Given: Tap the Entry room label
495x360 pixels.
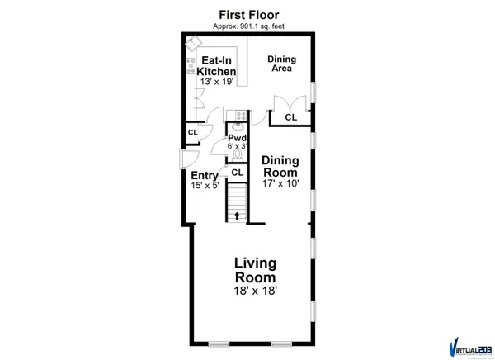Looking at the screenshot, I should tap(204, 176).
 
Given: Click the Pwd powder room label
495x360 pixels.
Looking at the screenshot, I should tap(238, 138).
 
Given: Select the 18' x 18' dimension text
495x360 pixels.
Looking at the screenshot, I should tap(254, 291).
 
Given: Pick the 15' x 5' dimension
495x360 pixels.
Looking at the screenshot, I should tap(204, 187).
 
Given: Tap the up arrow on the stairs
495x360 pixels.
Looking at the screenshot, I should tap(238, 216).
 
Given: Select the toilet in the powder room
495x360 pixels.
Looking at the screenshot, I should tap(238, 154).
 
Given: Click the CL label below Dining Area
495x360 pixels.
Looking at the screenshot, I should tap(290, 118).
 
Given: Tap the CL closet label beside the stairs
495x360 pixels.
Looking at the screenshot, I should tap(237, 173).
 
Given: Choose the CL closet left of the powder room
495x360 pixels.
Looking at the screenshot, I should tap(193, 132).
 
